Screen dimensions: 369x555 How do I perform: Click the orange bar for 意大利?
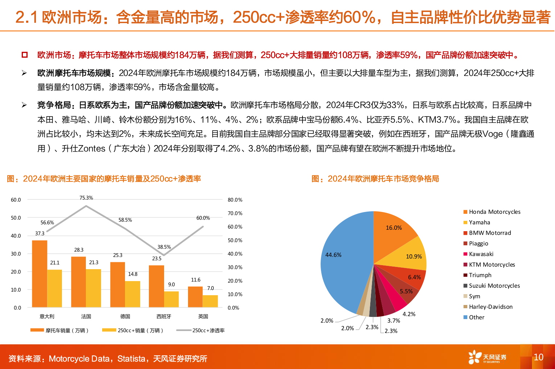coord(39,274)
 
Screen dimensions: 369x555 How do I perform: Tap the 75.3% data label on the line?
coord(86,198)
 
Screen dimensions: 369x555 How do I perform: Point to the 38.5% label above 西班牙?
coord(164,247)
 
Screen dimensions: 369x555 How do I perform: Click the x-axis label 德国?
coord(125,317)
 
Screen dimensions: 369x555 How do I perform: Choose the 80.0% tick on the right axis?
coord(235,200)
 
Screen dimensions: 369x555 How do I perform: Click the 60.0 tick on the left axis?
coord(16,200)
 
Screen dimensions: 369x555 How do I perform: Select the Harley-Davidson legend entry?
coord(491,307)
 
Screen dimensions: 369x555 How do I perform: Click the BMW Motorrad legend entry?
coord(490,233)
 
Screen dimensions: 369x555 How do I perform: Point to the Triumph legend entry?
coord(480,275)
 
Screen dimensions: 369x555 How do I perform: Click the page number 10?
coord(538,357)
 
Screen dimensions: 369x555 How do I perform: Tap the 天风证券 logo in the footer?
coord(487,357)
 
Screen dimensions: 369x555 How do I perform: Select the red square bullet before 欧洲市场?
coord(25,55)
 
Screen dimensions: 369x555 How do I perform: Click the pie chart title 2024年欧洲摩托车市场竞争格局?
coord(383,179)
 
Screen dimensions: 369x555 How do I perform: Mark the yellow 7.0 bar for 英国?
coord(210,301)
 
